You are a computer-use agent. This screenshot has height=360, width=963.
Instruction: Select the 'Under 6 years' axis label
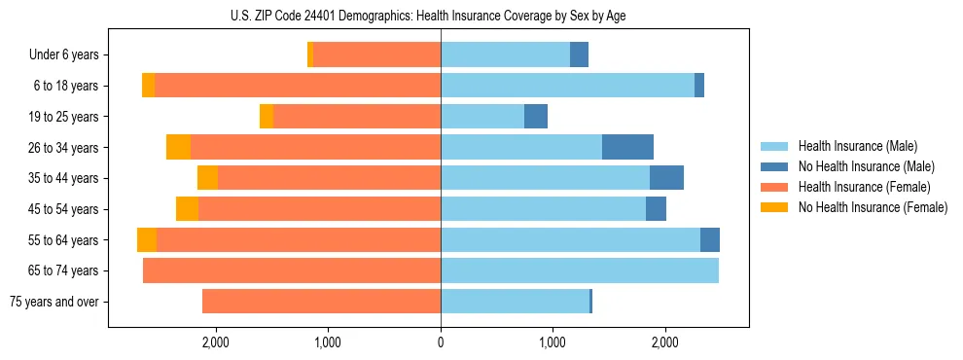click(64, 55)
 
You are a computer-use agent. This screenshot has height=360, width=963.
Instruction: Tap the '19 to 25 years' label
click(63, 117)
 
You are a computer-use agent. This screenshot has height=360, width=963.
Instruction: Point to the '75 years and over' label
click(54, 302)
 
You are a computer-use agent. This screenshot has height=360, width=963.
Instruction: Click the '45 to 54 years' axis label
click(63, 209)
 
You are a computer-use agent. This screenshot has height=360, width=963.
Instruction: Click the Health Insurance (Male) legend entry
click(851, 146)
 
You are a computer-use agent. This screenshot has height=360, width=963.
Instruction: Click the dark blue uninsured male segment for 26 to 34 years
click(627, 147)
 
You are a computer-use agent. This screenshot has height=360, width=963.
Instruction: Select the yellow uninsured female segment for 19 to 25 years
click(267, 117)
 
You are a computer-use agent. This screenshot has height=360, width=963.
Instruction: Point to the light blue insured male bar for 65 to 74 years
click(579, 270)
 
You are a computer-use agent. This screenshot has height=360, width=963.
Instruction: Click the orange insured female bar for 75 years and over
click(321, 302)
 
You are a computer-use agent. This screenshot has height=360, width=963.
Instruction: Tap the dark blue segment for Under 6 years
click(579, 55)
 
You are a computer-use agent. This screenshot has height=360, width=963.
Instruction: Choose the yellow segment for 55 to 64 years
click(147, 240)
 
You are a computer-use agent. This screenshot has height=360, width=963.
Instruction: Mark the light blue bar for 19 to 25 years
click(482, 117)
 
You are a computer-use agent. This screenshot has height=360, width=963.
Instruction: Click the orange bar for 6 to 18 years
click(297, 86)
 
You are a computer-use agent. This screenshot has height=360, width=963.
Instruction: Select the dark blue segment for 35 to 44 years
click(666, 178)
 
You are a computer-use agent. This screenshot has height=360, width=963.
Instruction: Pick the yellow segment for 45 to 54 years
click(187, 209)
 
